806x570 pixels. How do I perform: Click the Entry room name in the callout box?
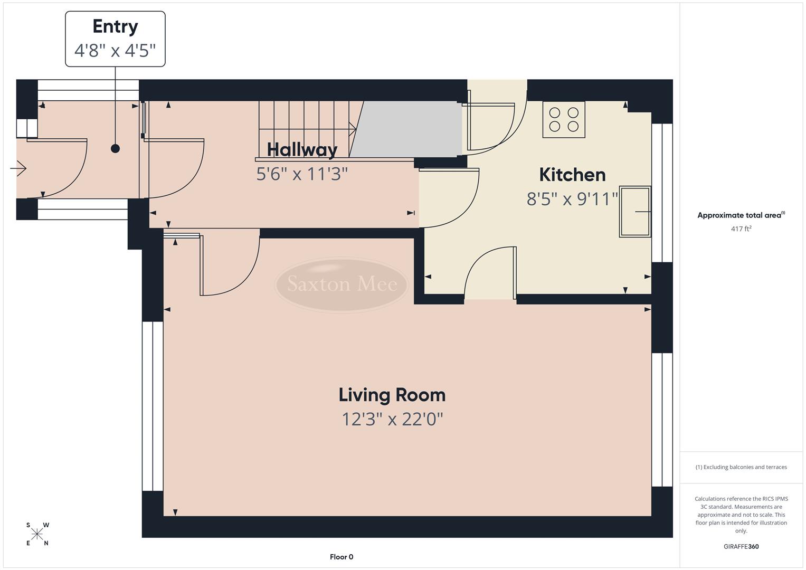(x=115, y=26)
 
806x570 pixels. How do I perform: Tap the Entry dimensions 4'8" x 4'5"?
(x=115, y=51)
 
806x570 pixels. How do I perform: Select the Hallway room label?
(x=302, y=149)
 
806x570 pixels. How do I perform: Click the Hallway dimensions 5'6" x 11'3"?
(x=302, y=174)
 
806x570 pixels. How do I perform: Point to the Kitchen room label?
(x=572, y=174)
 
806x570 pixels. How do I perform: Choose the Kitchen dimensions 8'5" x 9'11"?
(x=572, y=199)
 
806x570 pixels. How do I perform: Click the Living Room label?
(x=392, y=395)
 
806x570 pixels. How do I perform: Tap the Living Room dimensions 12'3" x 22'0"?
(x=392, y=420)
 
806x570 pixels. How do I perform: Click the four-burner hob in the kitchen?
(x=564, y=119)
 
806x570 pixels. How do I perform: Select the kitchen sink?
(x=635, y=212)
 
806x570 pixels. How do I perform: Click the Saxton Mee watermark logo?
(x=342, y=284)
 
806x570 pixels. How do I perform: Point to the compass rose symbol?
(x=37, y=534)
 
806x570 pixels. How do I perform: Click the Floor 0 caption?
(x=342, y=557)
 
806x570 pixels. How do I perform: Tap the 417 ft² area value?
(x=741, y=229)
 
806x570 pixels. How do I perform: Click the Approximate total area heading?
(x=741, y=215)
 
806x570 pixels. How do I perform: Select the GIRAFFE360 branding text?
(x=741, y=546)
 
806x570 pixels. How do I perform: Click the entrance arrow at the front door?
(x=18, y=169)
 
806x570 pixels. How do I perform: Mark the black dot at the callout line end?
(x=115, y=149)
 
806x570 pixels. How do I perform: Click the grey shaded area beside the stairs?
(x=406, y=129)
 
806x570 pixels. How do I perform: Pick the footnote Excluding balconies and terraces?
(x=741, y=467)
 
